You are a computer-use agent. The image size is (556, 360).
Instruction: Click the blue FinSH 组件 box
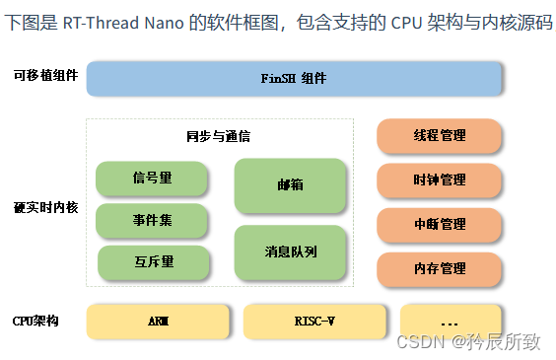pyautogui.click(x=294, y=78)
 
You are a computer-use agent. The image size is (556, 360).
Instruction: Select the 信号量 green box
pyautogui.click(x=152, y=179)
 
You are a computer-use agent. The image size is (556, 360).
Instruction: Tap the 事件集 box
pyautogui.click(x=152, y=221)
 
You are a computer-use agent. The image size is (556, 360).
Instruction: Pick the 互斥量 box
pyautogui.click(x=152, y=262)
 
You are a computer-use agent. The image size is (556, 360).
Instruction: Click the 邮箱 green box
pyautogui.click(x=290, y=185)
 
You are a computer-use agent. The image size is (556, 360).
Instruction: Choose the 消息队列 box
pyautogui.click(x=290, y=252)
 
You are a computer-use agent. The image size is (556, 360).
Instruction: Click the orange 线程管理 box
pyautogui.click(x=440, y=136)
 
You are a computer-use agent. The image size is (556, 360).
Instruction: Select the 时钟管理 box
pyautogui.click(x=440, y=180)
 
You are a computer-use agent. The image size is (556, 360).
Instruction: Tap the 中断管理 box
pyautogui.click(x=440, y=225)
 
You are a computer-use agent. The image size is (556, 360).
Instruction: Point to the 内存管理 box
pyautogui.click(x=440, y=268)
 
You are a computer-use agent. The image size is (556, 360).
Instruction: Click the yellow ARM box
pyautogui.click(x=158, y=322)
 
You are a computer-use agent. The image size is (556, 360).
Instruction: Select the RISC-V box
pyautogui.click(x=313, y=322)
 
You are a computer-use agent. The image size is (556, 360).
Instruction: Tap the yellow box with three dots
pyautogui.click(x=451, y=322)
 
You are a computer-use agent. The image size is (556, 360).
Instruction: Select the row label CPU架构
pyautogui.click(x=36, y=321)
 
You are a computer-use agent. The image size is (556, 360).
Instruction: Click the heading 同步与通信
pyautogui.click(x=218, y=136)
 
